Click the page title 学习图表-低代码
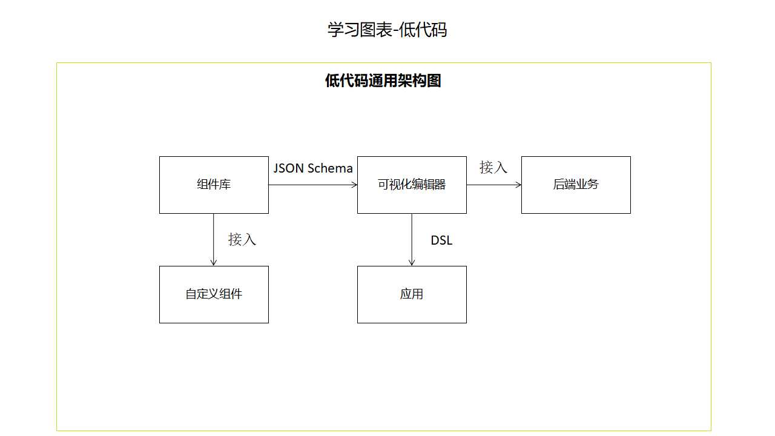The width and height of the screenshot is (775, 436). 387,30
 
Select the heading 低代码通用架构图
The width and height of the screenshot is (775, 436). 383,81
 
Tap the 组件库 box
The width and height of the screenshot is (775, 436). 214,185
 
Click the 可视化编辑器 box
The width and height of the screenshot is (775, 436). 412,185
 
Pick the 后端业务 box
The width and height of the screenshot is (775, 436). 576,185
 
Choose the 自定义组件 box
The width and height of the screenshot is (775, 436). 214,294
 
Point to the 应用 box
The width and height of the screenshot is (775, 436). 412,294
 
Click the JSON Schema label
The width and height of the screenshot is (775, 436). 313,168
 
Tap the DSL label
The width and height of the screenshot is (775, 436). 441,240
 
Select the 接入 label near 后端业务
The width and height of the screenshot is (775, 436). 493,167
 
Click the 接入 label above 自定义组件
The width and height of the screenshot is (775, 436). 242,240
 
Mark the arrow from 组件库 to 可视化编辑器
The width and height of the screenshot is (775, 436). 312,185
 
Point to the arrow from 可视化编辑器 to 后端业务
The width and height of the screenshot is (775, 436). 493,185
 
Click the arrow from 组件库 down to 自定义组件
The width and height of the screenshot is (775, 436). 214,239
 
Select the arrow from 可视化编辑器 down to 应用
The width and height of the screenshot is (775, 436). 412,239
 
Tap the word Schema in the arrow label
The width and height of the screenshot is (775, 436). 329,168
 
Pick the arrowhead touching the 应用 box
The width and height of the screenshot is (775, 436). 412,262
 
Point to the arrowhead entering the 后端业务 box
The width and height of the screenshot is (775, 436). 518,185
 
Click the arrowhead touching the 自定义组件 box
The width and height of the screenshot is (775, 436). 214,262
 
